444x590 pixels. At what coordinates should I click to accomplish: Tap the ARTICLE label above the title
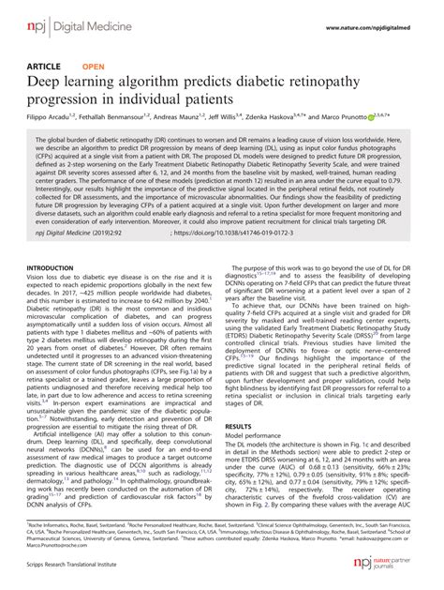tap(44, 69)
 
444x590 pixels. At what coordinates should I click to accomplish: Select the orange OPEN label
tap(94, 69)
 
